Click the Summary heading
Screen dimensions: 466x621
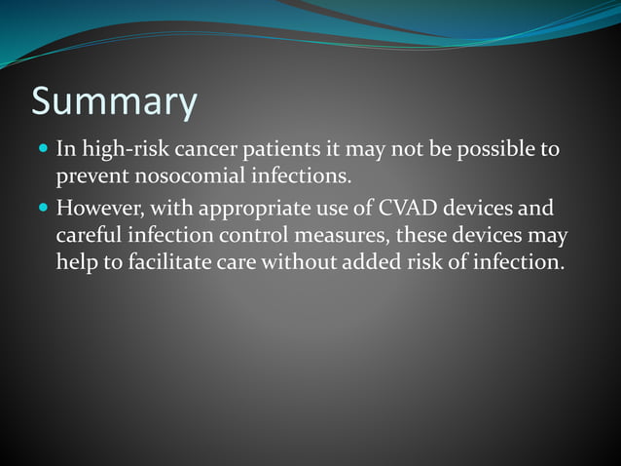click(114, 102)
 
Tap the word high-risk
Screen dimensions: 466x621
click(121, 150)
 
